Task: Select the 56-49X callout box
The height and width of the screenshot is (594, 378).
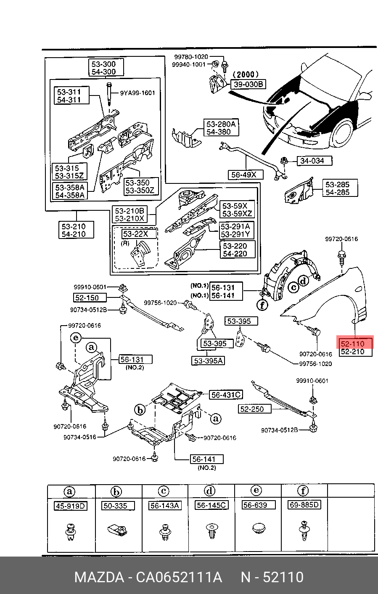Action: click(246, 175)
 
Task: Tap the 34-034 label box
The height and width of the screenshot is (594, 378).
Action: click(315, 160)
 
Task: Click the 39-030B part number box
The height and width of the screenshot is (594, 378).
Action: click(248, 84)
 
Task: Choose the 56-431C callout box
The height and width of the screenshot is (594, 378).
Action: click(226, 395)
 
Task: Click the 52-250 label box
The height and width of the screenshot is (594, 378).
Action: click(254, 409)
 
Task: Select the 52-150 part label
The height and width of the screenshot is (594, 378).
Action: click(90, 297)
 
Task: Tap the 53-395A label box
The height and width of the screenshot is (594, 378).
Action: click(208, 361)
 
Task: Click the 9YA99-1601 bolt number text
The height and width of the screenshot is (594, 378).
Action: click(137, 93)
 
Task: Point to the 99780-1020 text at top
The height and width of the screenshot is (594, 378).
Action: click(191, 57)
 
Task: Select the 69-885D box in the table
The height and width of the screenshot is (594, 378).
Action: click(304, 505)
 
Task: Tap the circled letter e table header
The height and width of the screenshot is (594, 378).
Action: click(256, 491)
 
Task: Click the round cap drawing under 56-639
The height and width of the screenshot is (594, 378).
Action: click(259, 528)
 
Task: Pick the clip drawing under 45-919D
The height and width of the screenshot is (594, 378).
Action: click(71, 532)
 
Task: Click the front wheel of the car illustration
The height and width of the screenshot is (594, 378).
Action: click(342, 133)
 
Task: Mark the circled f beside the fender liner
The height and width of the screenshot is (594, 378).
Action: click(262, 305)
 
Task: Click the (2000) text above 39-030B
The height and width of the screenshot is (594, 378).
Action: click(246, 74)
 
